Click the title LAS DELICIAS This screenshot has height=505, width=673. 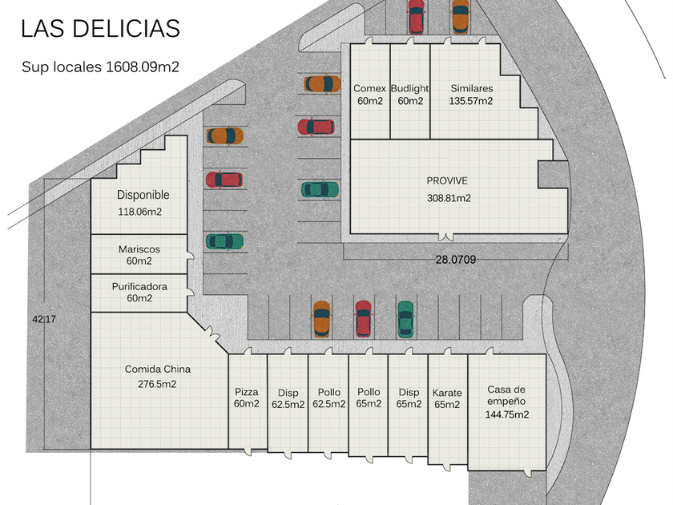pyautogui.click(x=100, y=29)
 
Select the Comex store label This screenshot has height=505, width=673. pyautogui.click(x=369, y=89)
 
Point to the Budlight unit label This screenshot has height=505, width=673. pyautogui.click(x=409, y=89)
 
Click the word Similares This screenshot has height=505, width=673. pyautogui.click(x=471, y=89)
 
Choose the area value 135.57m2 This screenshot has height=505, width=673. pyautogui.click(x=471, y=101)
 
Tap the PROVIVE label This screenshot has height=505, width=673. pyautogui.click(x=447, y=181)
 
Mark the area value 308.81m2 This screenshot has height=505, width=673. pyautogui.click(x=449, y=198)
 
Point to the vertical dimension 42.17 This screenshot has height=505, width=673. pyautogui.click(x=44, y=319)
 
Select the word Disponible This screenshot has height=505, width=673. pyautogui.click(x=143, y=195)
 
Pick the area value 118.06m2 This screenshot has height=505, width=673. pyautogui.click(x=140, y=212)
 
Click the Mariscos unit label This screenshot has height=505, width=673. pyautogui.click(x=139, y=249)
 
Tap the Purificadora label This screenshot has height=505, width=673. pyautogui.click(x=139, y=286)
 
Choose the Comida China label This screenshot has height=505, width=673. pyautogui.click(x=158, y=370)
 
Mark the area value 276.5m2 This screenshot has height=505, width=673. pyautogui.click(x=157, y=384)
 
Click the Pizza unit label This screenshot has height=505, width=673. pyautogui.click(x=247, y=392)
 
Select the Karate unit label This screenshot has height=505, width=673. pyautogui.click(x=447, y=393)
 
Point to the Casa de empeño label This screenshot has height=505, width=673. pyautogui.click(x=506, y=395)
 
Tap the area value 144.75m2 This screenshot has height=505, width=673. pyautogui.click(x=507, y=414)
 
